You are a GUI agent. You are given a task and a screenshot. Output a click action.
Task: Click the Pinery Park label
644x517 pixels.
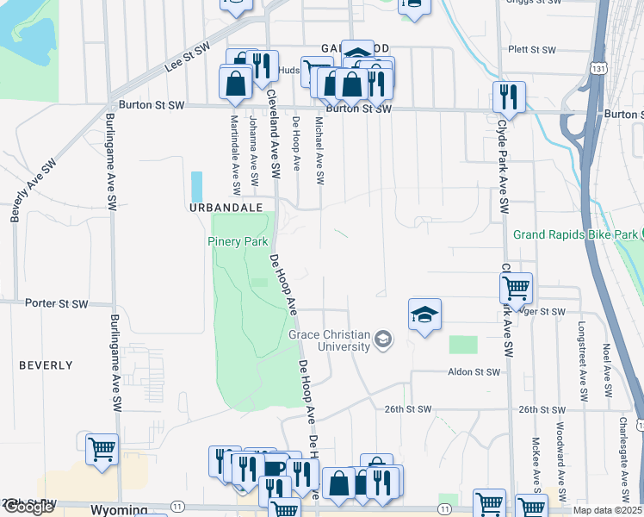pyautogui.click(x=238, y=241)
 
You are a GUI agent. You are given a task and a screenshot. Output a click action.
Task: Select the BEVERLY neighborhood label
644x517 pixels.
pyautogui.click(x=46, y=365)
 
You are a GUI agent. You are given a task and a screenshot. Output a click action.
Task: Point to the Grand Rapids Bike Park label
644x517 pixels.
pyautogui.click(x=575, y=234)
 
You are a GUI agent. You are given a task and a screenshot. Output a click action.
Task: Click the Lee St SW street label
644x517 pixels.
pyautogui.click(x=188, y=59)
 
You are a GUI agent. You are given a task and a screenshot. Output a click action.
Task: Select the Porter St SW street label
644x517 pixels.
pyautogui.click(x=57, y=303)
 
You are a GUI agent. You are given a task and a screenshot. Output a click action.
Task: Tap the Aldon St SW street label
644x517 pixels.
pyautogui.click(x=474, y=372)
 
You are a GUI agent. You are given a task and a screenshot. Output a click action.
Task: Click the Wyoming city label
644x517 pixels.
pyautogui.click(x=117, y=510)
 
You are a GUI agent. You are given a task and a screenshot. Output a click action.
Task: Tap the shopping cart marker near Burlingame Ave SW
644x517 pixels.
pyautogui.click(x=102, y=449)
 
